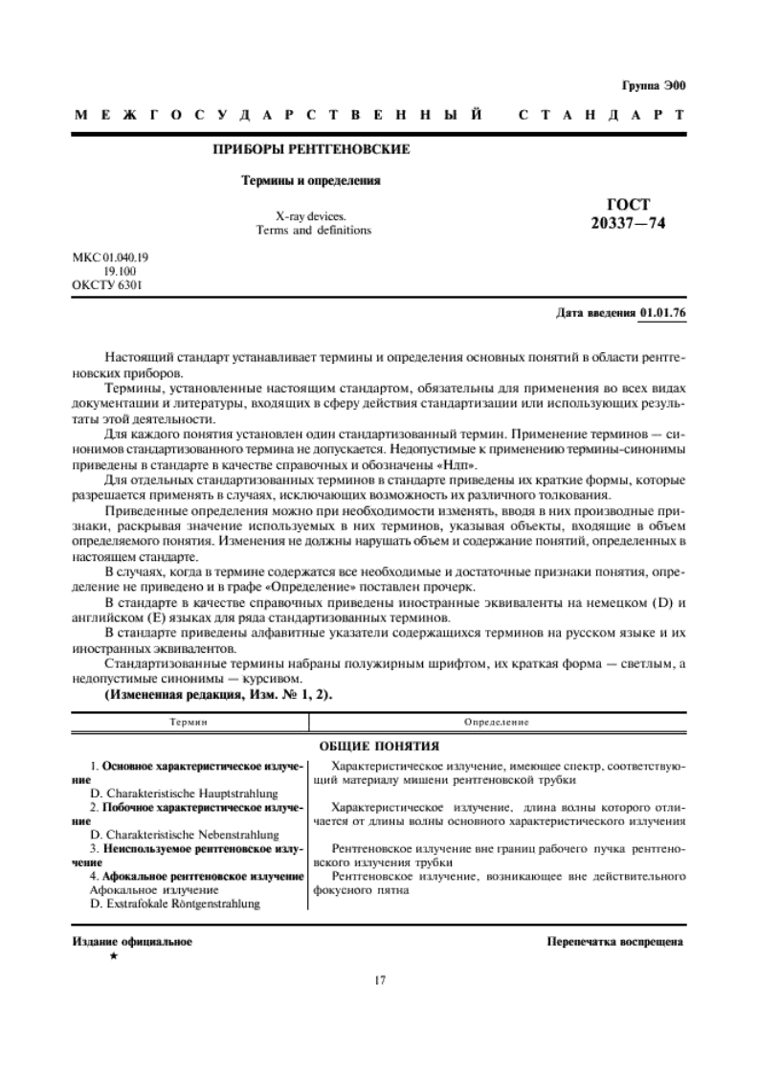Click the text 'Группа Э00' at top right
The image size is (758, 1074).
point(655,85)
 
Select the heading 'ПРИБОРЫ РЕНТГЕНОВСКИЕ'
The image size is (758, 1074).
point(311,149)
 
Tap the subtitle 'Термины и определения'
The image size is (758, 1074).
point(310,179)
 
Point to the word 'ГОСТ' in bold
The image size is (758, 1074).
point(628,205)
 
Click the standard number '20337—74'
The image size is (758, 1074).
point(628,223)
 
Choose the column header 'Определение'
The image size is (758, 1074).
point(498,720)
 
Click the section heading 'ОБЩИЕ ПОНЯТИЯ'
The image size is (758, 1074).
point(380,745)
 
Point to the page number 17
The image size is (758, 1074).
point(379,978)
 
